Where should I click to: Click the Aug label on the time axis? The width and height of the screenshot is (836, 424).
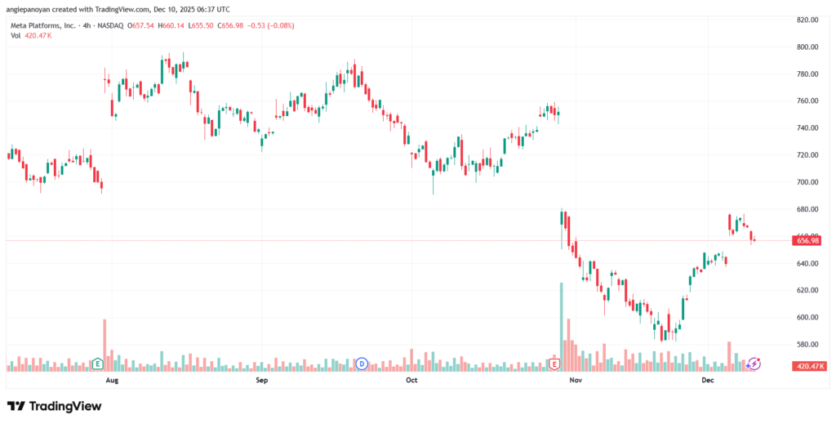point(112,381)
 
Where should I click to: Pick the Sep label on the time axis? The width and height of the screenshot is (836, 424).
point(262,381)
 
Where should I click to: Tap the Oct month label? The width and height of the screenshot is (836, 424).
point(411,381)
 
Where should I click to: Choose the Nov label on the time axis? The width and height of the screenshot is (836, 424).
point(575,381)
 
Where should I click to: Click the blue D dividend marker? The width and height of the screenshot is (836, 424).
point(362,363)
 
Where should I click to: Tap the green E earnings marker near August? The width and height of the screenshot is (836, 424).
point(97,363)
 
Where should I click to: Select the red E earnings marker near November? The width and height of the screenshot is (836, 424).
point(554,363)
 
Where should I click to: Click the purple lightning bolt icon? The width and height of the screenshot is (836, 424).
point(754,363)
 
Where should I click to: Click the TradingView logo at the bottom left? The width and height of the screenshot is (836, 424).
point(55,406)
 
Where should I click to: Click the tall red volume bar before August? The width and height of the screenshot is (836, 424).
point(104,343)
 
